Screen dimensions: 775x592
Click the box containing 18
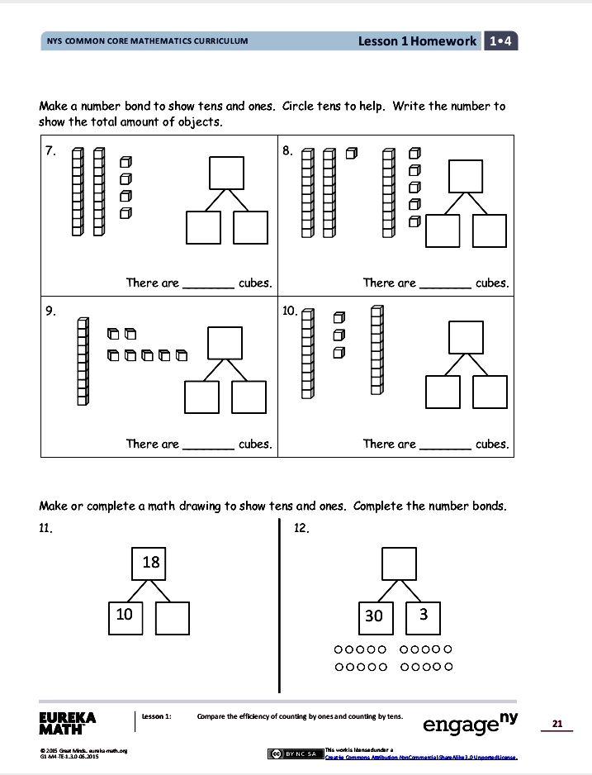point(150,563)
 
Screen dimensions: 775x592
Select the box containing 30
point(373,616)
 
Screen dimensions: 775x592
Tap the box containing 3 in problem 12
point(423,616)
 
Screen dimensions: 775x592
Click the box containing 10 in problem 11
point(125,616)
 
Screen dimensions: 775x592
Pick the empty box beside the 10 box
point(173,617)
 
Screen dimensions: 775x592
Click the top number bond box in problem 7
point(226,173)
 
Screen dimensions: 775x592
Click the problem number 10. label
point(289,311)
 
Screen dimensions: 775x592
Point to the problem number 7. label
point(50,151)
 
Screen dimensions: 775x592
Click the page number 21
point(557,724)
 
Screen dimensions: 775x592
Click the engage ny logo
point(470,723)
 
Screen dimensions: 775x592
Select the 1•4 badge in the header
point(501,41)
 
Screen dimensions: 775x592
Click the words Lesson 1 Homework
point(417,41)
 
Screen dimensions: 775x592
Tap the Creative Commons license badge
point(295,753)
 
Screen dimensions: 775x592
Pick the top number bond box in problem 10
point(465,337)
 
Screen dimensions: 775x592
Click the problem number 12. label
point(301,529)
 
